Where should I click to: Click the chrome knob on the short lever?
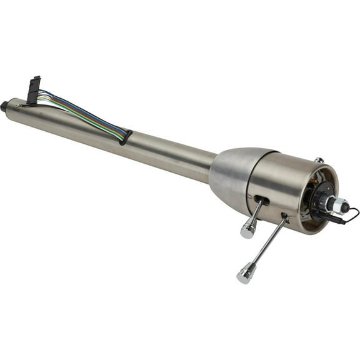point(247,230)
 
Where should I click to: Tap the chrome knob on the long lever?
point(245,273)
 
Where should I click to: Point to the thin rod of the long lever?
point(268,243)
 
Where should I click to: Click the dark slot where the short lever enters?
point(261,201)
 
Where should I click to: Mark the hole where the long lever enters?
point(284,217)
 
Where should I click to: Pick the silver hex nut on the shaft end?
point(341,204)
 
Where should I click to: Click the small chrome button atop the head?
point(319,161)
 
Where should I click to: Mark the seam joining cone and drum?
point(250,181)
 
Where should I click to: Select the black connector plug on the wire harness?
point(33,90)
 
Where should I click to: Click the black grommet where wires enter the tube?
point(126,136)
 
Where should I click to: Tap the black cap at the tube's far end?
point(4,106)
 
